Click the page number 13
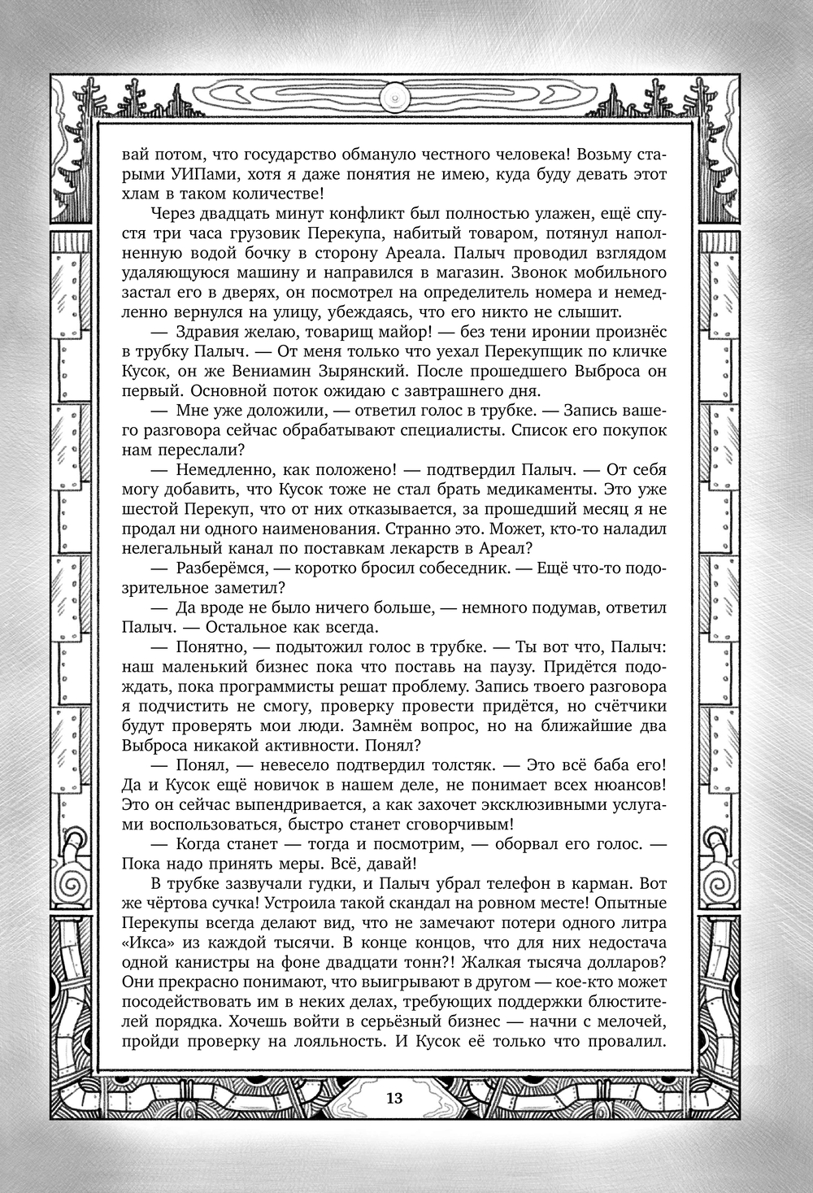point(394,1098)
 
